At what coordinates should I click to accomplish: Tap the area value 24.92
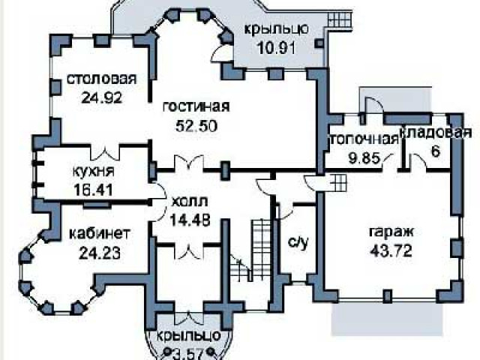point(101,96)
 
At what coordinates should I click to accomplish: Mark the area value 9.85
point(355,157)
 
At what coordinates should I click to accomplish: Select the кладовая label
point(428,133)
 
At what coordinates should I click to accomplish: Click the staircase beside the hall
point(259,247)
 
